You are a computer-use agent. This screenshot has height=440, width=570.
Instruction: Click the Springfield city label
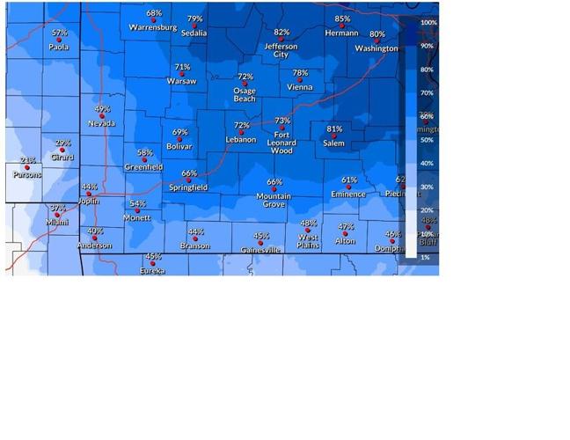tap(189, 187)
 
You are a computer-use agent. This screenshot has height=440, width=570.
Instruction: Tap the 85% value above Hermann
tap(342, 18)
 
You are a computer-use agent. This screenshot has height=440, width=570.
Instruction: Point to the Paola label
tap(59, 48)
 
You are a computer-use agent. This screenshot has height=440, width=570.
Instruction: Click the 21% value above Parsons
tap(28, 160)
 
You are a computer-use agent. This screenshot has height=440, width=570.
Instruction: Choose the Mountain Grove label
tap(274, 200)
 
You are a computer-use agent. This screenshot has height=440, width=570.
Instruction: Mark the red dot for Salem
tap(334, 136)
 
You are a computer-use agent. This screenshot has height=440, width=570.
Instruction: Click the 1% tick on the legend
tap(425, 257)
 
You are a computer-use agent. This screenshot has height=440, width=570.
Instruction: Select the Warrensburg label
tap(153, 27)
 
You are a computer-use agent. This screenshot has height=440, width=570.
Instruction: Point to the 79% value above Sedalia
tap(194, 18)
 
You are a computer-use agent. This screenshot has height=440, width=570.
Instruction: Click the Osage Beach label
tap(245, 94)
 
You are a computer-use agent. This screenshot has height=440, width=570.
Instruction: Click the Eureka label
tap(152, 271)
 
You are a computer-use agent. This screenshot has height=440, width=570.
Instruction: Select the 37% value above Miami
tap(58, 209)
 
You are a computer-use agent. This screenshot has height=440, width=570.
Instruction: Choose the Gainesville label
tap(261, 250)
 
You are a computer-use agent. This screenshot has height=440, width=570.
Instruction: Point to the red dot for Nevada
tap(102, 116)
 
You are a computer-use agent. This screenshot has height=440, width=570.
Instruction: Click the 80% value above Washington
tap(377, 34)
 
